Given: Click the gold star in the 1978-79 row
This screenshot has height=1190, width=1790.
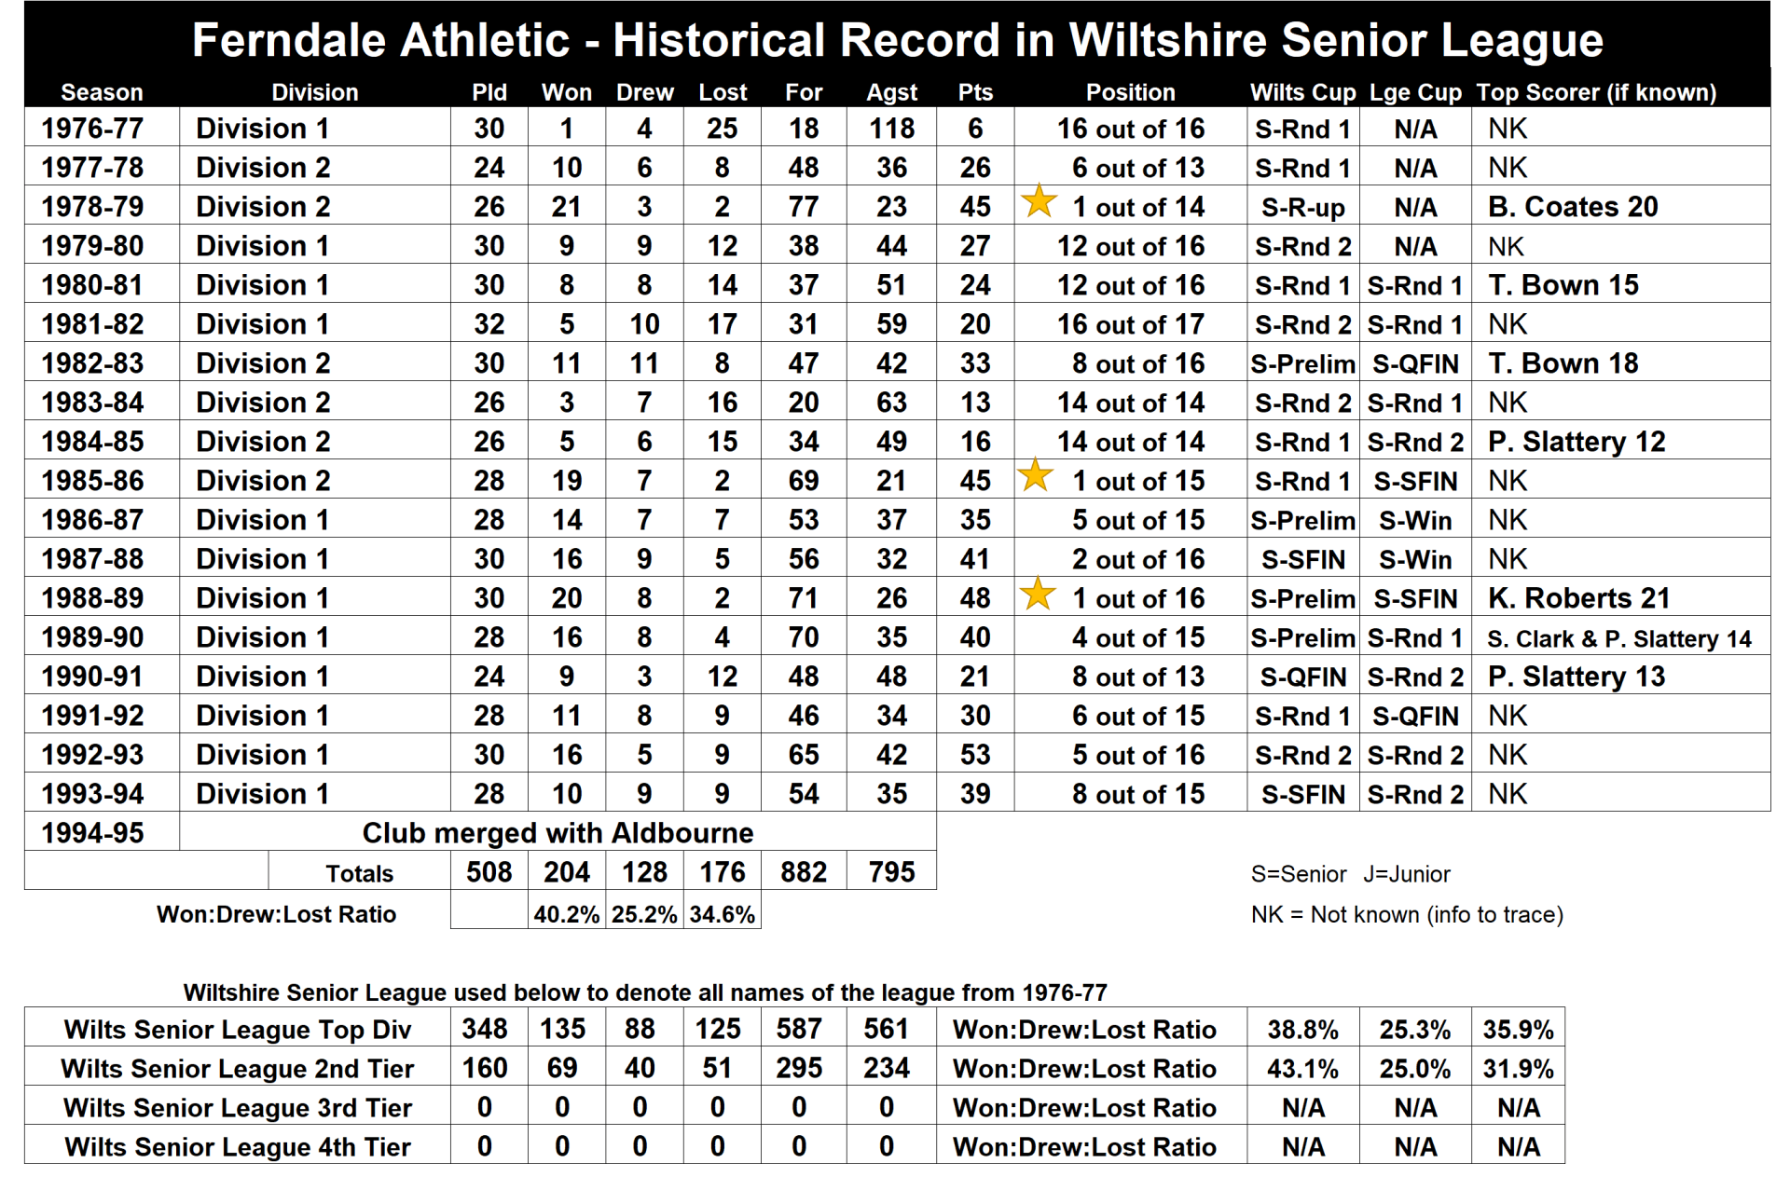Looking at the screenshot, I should [1039, 202].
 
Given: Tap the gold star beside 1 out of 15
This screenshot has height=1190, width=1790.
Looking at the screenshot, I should [1035, 476].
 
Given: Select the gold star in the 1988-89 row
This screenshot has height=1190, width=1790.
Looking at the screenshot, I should [1038, 594].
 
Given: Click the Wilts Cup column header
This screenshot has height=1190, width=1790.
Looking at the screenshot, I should [1302, 92].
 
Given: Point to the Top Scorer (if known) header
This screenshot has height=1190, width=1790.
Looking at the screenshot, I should [1596, 92].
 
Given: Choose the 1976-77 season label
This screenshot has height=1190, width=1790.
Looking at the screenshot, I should [92, 129].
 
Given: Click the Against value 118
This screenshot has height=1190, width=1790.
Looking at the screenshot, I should [891, 129].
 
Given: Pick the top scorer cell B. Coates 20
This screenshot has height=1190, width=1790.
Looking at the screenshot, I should [1573, 207].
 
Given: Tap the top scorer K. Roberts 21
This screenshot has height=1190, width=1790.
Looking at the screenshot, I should [1578, 598].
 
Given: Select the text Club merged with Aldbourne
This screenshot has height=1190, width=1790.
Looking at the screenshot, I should [558, 833].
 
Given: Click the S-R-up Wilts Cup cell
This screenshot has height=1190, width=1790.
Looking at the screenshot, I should [1302, 207].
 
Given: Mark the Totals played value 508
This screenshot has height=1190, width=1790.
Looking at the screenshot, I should [489, 872].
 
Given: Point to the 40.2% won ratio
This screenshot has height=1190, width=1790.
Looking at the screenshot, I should [566, 914].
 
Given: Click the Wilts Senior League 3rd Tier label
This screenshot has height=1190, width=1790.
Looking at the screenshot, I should [238, 1108].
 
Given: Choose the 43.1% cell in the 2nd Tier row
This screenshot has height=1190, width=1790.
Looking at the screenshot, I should [1302, 1069].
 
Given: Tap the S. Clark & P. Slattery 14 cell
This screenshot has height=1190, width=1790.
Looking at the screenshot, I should [1619, 638].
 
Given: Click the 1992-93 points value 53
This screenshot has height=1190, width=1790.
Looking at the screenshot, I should [975, 755].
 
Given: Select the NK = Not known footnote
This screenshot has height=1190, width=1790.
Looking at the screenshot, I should [1407, 914].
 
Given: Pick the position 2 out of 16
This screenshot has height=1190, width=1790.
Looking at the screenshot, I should [1137, 559].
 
